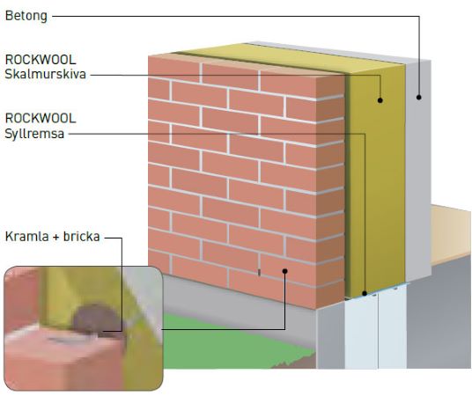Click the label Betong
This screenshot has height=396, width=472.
tap(26, 16)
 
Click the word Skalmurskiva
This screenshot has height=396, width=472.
tap(46, 74)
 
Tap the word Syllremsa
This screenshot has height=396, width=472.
tap(34, 134)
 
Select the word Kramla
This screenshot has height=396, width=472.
tap(26, 237)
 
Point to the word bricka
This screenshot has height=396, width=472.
tap(81, 237)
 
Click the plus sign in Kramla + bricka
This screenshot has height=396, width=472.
tap(56, 238)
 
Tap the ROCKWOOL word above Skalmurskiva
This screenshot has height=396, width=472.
tap(41, 60)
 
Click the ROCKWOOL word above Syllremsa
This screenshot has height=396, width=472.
tap(41, 118)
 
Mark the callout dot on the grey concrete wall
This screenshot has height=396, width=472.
tap(418, 97)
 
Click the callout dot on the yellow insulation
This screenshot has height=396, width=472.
tap(380, 100)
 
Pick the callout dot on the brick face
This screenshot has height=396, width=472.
tap(284, 271)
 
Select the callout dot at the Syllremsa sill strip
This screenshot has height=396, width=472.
tap(365, 293)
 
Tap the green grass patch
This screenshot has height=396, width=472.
tap(229, 343)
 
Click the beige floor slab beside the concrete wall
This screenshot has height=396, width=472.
tap(451, 235)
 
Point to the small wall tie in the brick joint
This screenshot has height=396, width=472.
tap(259, 272)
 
